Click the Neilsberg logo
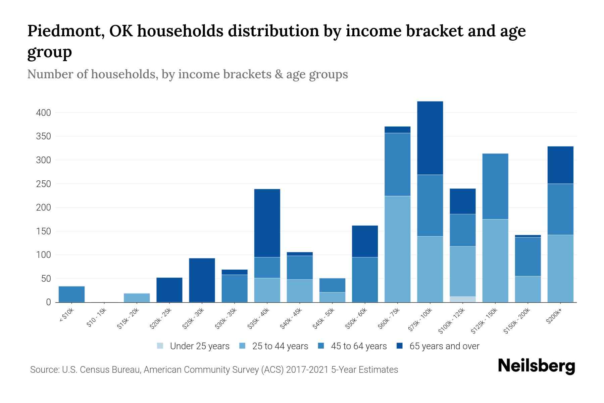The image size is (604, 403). tap(536, 366)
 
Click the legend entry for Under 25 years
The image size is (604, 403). tap(199, 346)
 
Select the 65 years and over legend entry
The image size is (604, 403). tap(444, 346)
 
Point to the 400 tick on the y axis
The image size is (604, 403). tap(43, 113)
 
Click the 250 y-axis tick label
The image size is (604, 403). tap(43, 184)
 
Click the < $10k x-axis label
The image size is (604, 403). tap(66, 316)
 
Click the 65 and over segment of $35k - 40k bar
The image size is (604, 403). tap(267, 223)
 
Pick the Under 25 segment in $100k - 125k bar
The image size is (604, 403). tap(463, 299)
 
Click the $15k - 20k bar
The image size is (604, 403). tap(137, 298)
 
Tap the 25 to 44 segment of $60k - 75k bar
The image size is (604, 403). tap(397, 249)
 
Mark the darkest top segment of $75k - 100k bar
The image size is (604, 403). tap(430, 138)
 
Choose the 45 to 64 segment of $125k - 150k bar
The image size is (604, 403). tap(495, 186)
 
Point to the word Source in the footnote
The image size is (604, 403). tap(44, 370)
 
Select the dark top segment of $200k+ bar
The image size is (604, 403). tap(560, 165)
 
